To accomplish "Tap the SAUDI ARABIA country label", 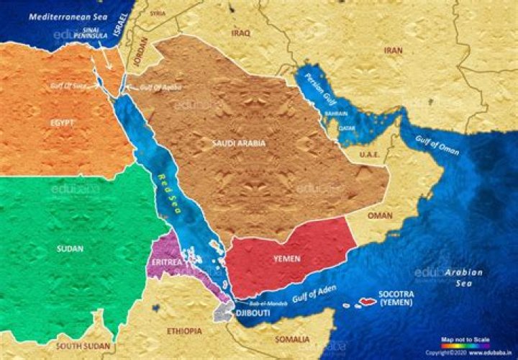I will coord(239,143).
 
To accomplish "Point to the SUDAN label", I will coord(69,249).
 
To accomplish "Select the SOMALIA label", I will coord(294,339).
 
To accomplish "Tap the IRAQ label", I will coord(240,32).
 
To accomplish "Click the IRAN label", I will coord(393,50).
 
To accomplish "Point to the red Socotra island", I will coord(368,301).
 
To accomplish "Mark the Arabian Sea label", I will coord(463,278).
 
